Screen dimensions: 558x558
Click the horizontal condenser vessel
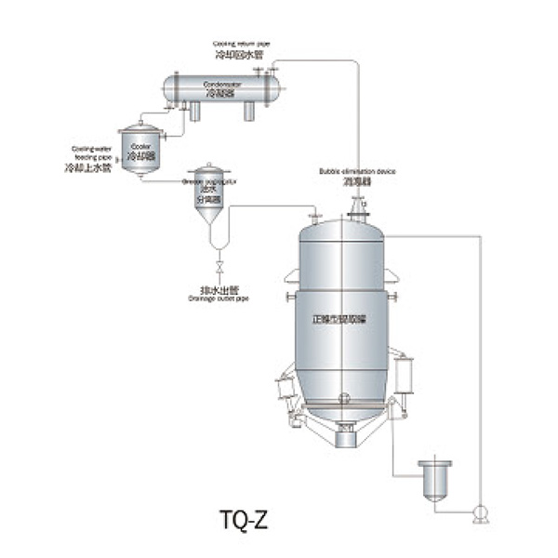point(221,89)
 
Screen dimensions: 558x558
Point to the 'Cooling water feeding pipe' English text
point(90,153)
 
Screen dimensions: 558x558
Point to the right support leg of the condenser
point(249,112)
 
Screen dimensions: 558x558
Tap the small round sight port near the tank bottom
point(345,398)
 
